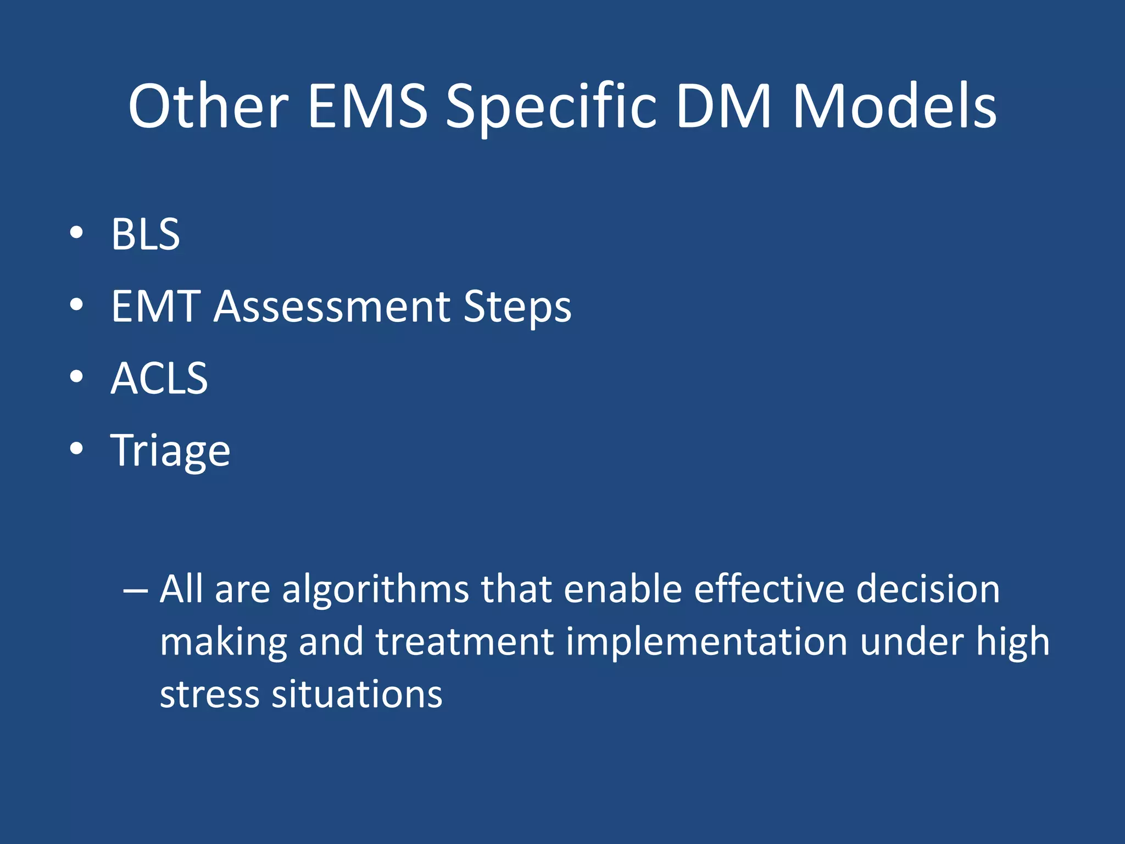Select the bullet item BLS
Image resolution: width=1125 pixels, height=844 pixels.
click(146, 235)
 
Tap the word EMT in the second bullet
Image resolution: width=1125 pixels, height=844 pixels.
click(155, 307)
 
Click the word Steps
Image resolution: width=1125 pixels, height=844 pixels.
click(517, 307)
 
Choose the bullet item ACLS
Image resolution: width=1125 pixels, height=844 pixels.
click(159, 379)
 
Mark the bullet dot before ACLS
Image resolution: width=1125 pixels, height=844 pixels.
click(76, 377)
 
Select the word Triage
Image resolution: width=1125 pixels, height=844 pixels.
click(170, 451)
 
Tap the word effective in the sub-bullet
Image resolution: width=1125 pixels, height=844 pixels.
click(768, 589)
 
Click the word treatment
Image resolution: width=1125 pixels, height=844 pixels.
click(464, 642)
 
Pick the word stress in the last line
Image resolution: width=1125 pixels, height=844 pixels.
click(209, 695)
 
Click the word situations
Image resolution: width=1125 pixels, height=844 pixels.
click(357, 695)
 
